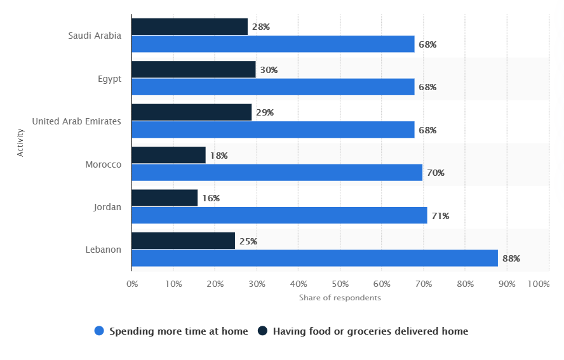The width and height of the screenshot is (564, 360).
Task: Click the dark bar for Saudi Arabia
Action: coord(189,27)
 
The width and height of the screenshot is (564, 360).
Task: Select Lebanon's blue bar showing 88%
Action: coord(314,258)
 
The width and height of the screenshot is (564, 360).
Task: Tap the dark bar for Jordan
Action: coord(164,198)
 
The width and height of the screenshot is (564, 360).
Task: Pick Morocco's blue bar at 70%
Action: coord(277,173)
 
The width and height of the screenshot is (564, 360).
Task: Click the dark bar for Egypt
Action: coord(193,70)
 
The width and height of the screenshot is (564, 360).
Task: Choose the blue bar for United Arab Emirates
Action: coord(273,130)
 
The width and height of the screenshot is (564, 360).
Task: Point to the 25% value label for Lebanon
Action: coord(248,241)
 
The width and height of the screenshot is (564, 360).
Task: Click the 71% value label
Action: coord(440,216)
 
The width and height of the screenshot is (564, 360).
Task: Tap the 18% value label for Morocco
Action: coord(218,156)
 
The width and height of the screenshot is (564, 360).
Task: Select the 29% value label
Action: coord(264,113)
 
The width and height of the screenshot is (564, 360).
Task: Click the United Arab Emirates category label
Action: coord(76,121)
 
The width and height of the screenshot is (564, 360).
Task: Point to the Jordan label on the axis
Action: coord(107,207)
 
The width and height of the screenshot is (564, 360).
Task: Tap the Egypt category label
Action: coord(109,79)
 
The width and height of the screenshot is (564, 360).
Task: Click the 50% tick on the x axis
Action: coord(340,284)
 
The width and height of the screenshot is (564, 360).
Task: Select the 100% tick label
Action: coord(539,284)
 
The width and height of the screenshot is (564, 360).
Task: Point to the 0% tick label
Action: coord(132,284)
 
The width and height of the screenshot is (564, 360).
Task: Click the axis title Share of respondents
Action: coord(340,298)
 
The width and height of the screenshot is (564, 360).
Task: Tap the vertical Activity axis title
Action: coord(21,143)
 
